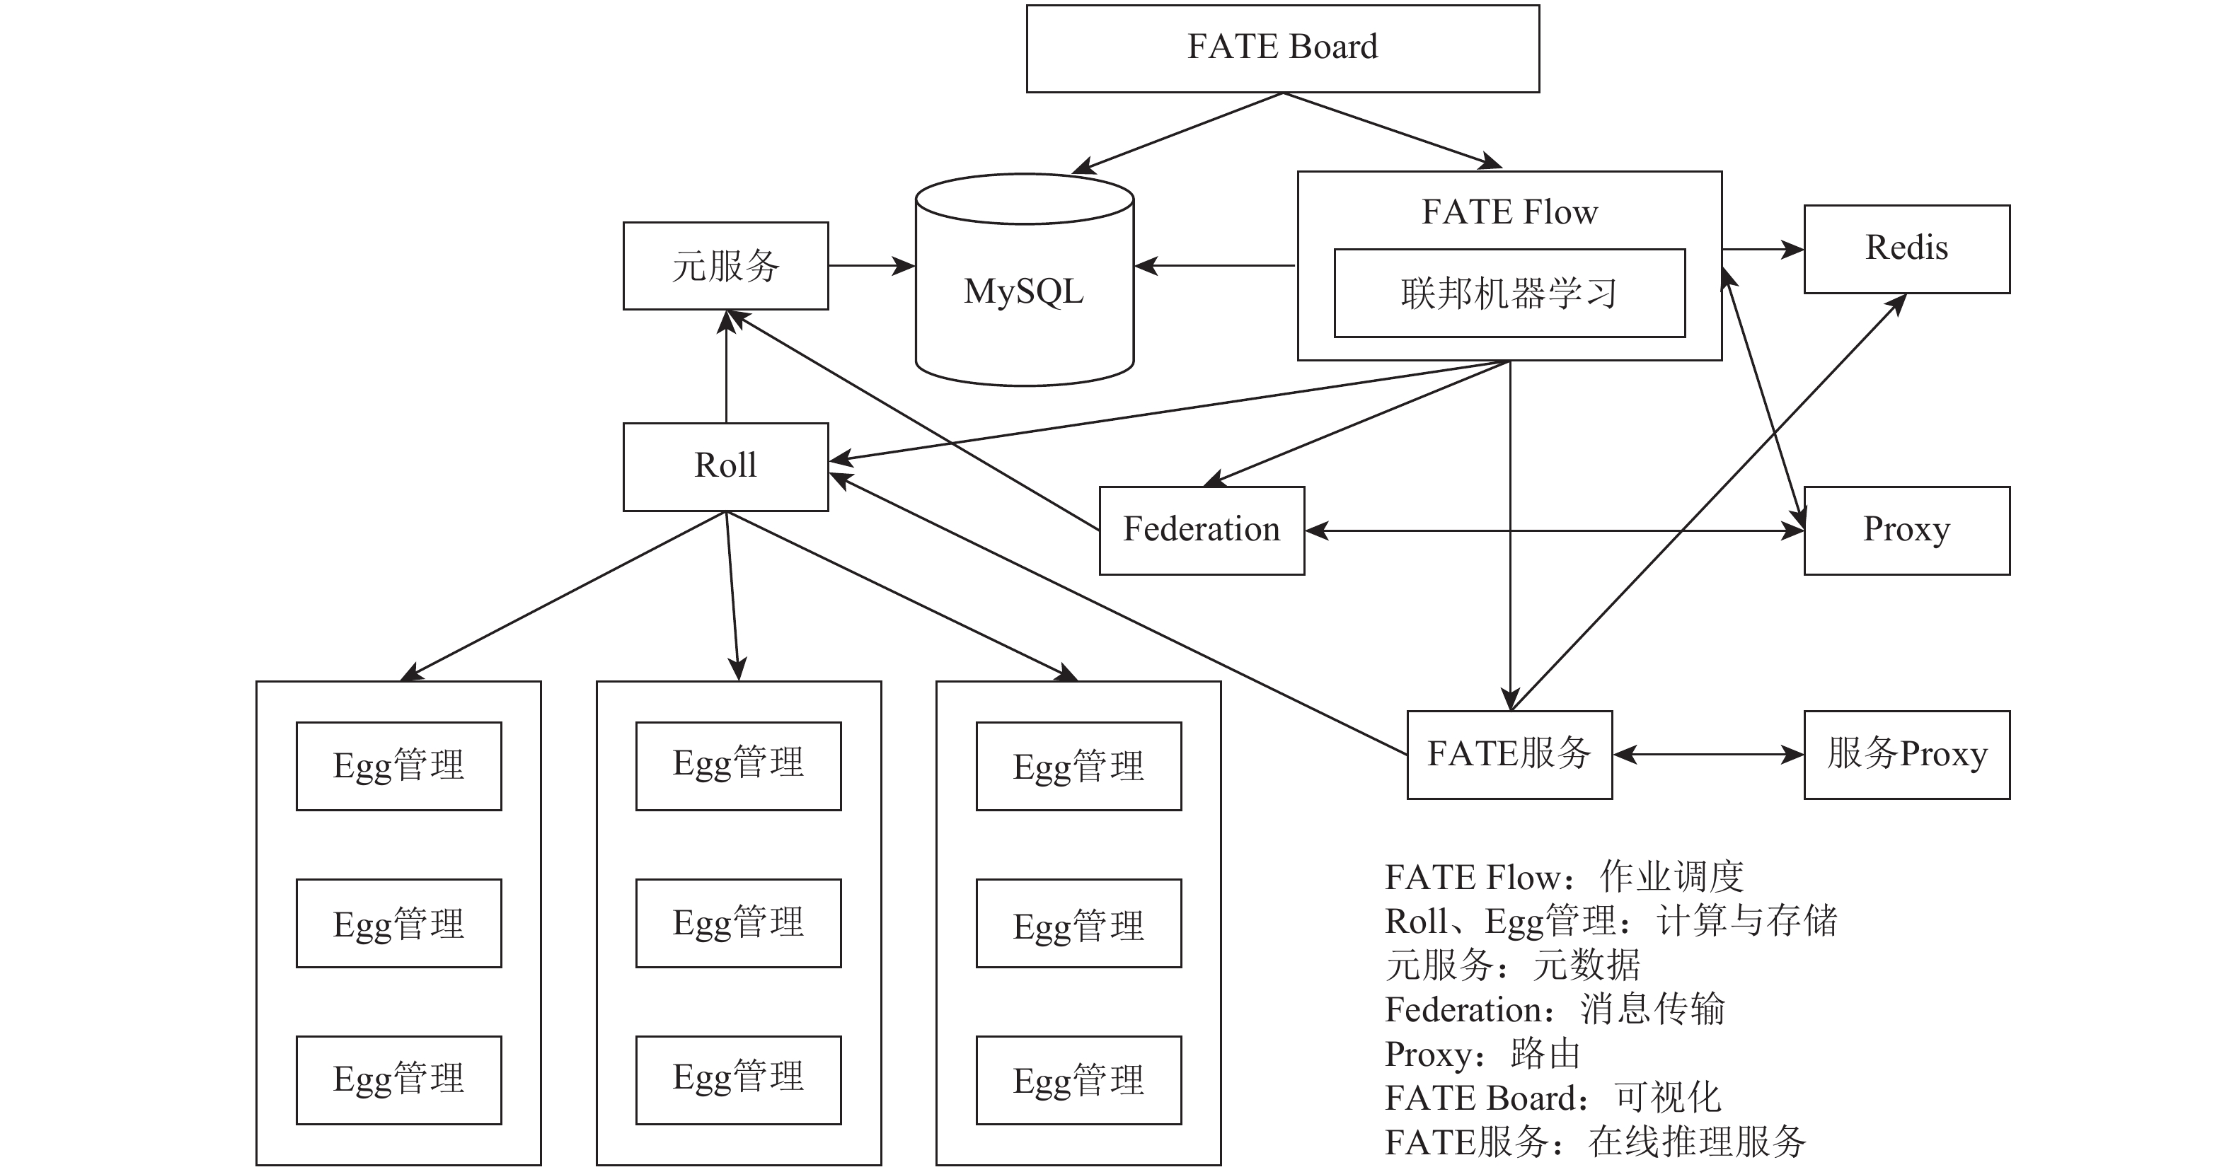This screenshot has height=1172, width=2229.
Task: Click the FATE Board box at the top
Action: [1282, 48]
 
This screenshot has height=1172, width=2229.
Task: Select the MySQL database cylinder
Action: [1025, 279]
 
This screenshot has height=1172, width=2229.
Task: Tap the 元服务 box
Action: [726, 265]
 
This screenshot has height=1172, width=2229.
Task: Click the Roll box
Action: [726, 467]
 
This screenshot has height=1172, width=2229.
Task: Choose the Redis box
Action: [1907, 249]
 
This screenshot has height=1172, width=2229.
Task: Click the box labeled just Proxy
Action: [1907, 530]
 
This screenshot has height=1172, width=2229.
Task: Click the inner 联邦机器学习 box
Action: [1510, 294]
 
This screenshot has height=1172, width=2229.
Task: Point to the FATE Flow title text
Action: [1510, 212]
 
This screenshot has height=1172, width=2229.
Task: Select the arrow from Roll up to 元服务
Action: [726, 367]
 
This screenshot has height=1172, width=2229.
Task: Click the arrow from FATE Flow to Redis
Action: [1763, 249]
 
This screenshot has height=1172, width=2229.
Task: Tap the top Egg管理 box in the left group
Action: [399, 766]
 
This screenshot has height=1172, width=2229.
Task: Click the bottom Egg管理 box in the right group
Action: [1079, 1080]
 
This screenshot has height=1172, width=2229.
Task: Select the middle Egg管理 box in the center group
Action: [738, 923]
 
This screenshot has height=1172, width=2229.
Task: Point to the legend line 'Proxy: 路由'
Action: [1483, 1053]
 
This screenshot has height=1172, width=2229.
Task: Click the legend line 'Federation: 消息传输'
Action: [1555, 1009]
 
